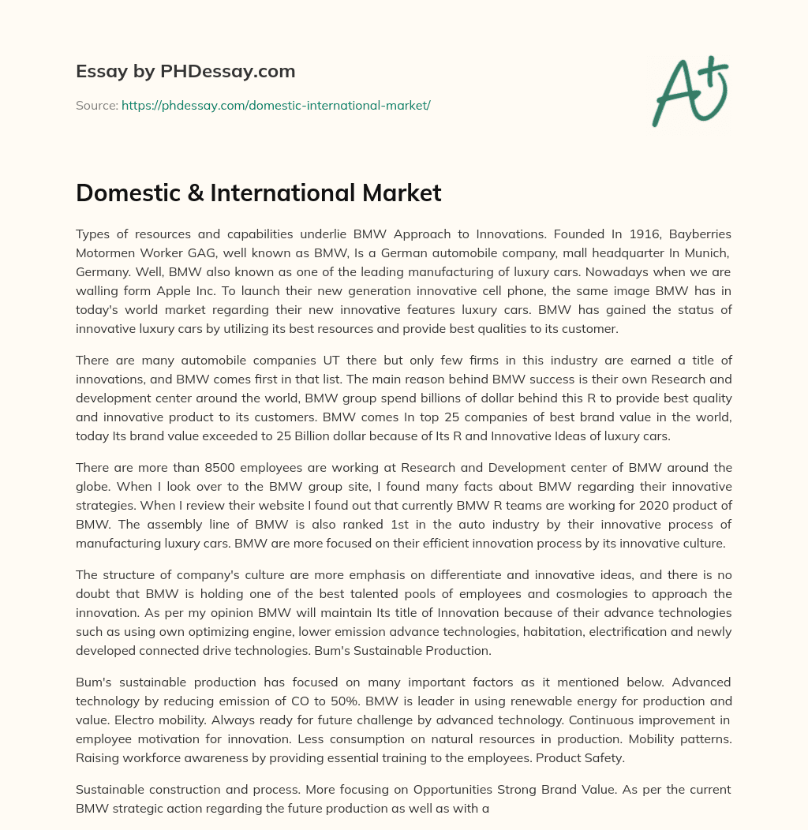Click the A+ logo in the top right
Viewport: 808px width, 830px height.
(690, 89)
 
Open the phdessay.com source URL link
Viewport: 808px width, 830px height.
(276, 105)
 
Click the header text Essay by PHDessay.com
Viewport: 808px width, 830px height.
(185, 72)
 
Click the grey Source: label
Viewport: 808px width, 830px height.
(96, 105)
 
